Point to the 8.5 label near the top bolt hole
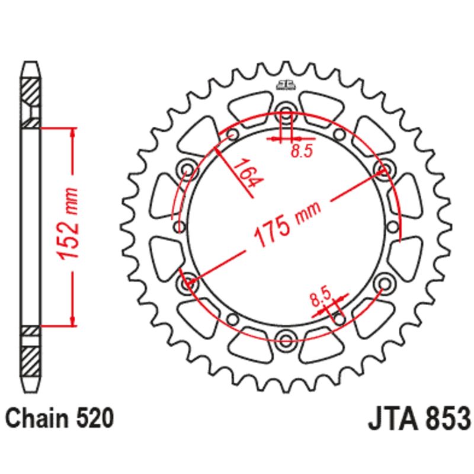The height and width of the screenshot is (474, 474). click(x=300, y=152)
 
